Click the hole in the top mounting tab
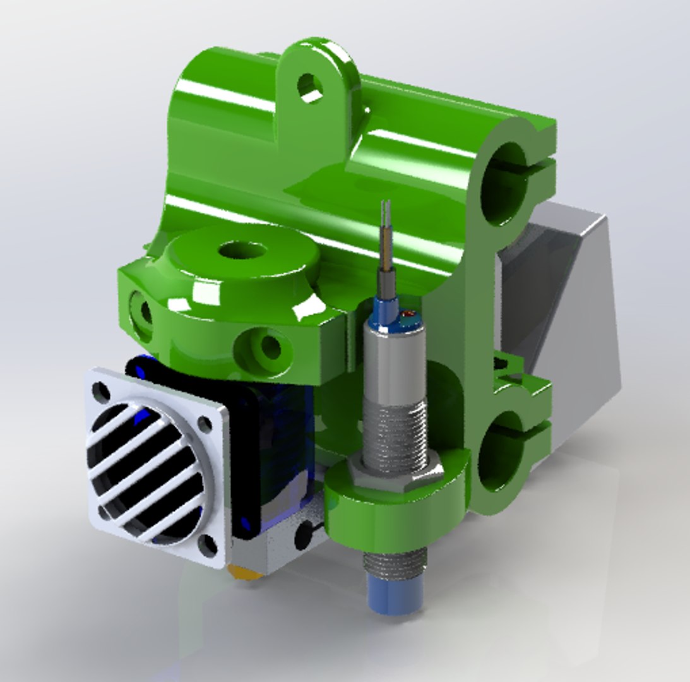310,87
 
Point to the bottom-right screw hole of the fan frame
207,542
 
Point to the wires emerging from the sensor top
386,240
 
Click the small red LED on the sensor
405,314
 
